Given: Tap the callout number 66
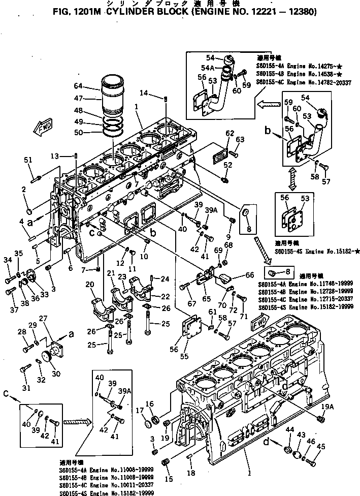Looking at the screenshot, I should tap(250, 275).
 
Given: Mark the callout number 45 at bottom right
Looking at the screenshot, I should tap(320, 447).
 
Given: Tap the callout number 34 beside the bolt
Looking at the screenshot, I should tap(8, 260).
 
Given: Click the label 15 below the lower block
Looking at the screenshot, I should tap(169, 478).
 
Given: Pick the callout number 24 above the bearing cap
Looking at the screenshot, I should tap(164, 278).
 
